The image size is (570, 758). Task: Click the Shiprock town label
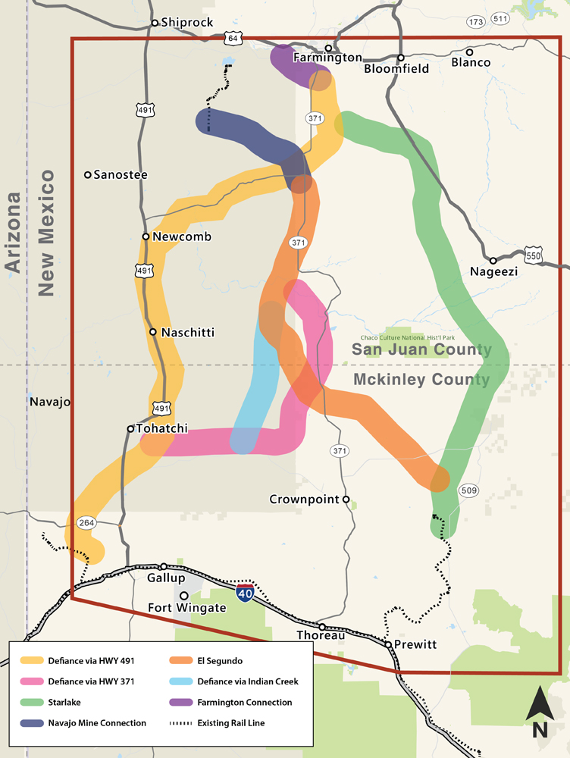tap(186, 23)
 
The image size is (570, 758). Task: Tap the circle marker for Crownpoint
tap(346, 500)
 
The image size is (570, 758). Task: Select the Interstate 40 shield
tap(245, 593)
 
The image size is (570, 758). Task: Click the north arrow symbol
tap(539, 712)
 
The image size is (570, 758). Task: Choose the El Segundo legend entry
tap(211, 661)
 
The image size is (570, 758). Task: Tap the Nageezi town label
tap(493, 271)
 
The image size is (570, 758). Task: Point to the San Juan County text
tap(421, 349)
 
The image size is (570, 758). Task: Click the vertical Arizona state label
tap(13, 232)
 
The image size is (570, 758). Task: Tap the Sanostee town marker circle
tap(88, 175)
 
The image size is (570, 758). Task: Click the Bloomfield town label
tap(396, 68)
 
